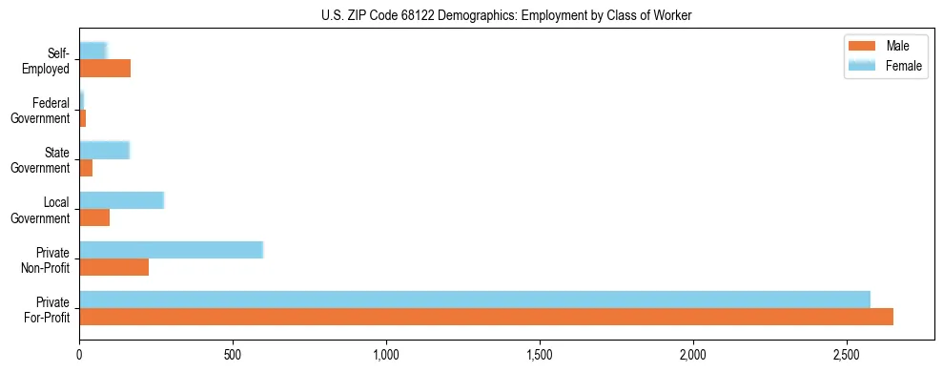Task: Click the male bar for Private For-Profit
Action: [x=486, y=317]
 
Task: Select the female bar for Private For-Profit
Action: [x=475, y=300]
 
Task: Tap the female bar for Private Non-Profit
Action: [x=171, y=250]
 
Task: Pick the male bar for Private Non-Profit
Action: [x=113, y=267]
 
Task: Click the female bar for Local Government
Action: [x=121, y=200]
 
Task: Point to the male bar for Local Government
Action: [x=94, y=217]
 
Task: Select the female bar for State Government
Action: [x=104, y=150]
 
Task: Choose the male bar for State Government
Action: [x=86, y=168]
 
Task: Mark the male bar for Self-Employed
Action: [x=105, y=69]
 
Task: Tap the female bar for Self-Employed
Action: [x=92, y=51]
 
